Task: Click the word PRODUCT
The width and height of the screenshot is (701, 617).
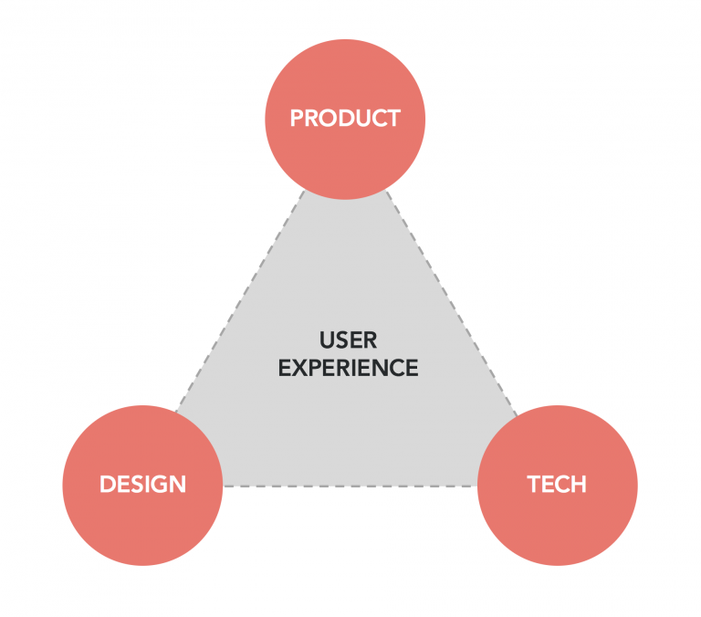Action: [345, 118]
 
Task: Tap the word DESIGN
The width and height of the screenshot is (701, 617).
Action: [142, 485]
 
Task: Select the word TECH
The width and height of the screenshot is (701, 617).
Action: [557, 485]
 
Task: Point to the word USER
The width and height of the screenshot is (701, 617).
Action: [349, 340]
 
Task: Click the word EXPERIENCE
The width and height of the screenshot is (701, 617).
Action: [349, 368]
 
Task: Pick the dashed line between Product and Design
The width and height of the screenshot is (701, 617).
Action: [240, 301]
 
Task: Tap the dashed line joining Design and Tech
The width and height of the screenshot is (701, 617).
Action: [350, 486]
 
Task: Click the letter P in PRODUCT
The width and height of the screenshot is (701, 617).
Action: [297, 118]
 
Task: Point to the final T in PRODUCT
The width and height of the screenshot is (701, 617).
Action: [393, 118]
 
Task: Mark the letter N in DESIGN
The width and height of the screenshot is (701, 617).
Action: [178, 485]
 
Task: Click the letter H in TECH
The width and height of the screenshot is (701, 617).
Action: [579, 485]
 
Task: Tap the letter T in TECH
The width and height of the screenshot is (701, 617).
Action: [534, 485]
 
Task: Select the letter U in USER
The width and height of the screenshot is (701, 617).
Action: [328, 340]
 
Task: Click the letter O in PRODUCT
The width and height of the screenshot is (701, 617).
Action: [330, 118]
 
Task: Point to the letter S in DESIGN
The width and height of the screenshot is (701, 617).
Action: [135, 485]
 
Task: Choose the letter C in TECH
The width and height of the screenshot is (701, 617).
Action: [560, 485]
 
